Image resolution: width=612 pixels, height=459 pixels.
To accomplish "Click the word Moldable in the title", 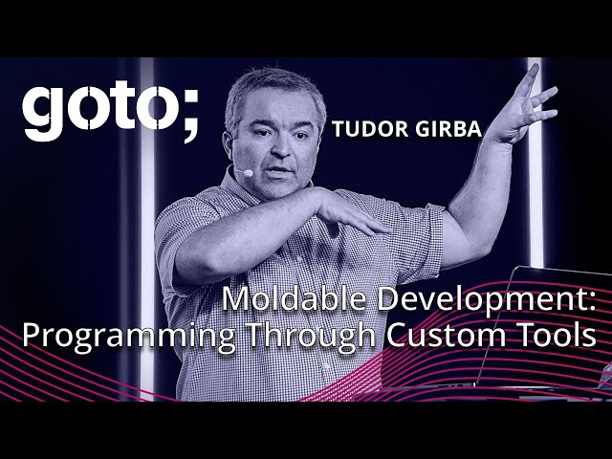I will pyautogui.click(x=282, y=300).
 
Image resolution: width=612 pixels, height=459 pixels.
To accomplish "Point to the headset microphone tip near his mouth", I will pyautogui.click(x=248, y=174).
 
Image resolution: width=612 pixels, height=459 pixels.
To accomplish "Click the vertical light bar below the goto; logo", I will pyautogui.click(x=146, y=239).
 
